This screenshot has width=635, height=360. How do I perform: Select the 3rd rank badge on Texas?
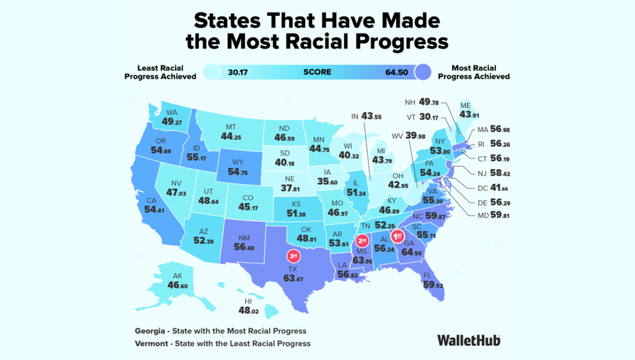pos(292,256)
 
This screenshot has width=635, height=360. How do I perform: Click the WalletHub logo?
pos(468,340)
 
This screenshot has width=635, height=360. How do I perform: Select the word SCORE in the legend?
pos(317,72)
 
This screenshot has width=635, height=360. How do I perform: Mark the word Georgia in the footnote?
pos(150,331)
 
